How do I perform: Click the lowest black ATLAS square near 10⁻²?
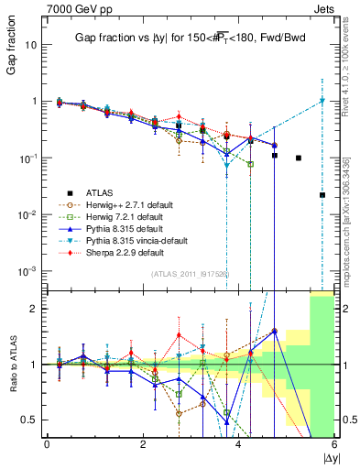322,195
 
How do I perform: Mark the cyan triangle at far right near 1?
322,101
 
